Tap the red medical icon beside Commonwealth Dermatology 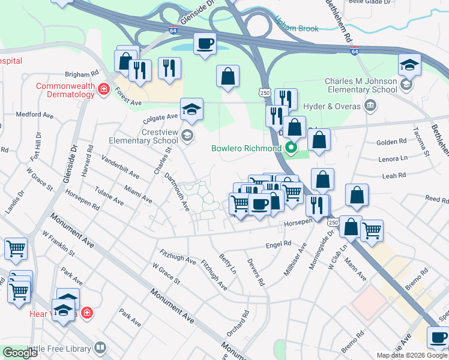click(104, 90)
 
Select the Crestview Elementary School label click(143, 136)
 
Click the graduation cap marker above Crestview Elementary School click(192, 110)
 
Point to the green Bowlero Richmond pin click(292, 148)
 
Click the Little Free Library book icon click(100, 347)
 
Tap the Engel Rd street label click(279, 244)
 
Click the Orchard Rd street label click(246, 323)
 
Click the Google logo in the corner click(19, 353)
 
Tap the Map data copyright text click(412, 355)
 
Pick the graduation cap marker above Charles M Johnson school click(409, 65)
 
